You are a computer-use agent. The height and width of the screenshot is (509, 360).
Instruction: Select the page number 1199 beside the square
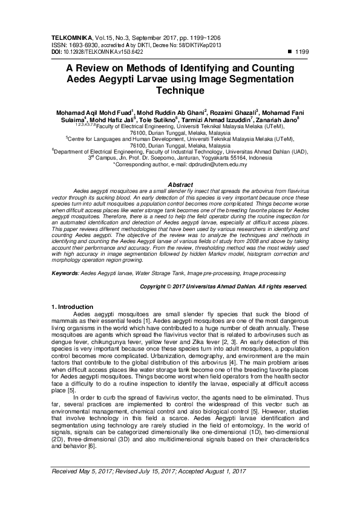[301, 53]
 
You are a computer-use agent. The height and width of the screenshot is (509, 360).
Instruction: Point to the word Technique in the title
[180, 91]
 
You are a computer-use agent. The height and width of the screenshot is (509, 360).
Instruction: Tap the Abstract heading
[180, 183]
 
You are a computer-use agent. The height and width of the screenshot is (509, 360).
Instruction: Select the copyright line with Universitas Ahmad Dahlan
[223, 286]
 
